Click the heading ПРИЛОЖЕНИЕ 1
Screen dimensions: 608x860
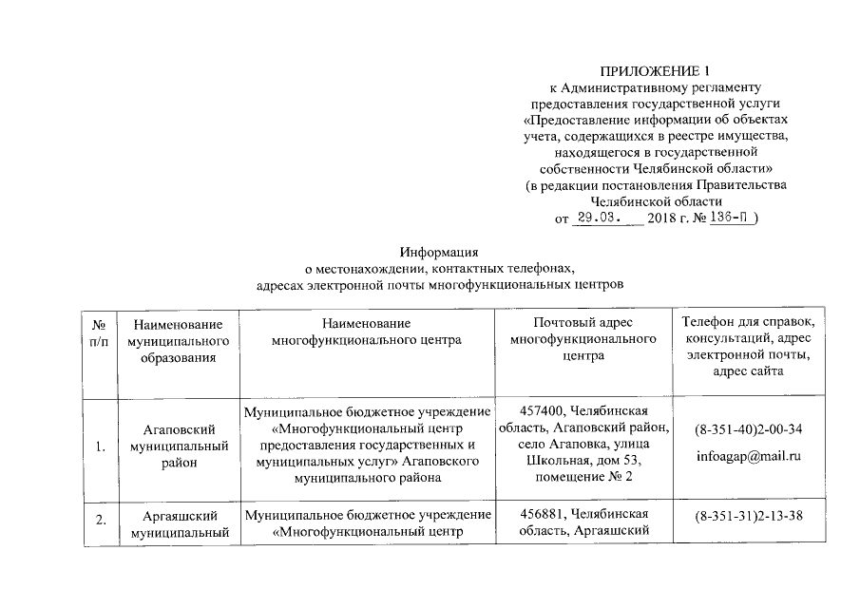[656, 71]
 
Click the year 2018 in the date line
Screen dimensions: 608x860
[660, 218]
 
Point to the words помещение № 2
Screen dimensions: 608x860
[583, 476]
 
